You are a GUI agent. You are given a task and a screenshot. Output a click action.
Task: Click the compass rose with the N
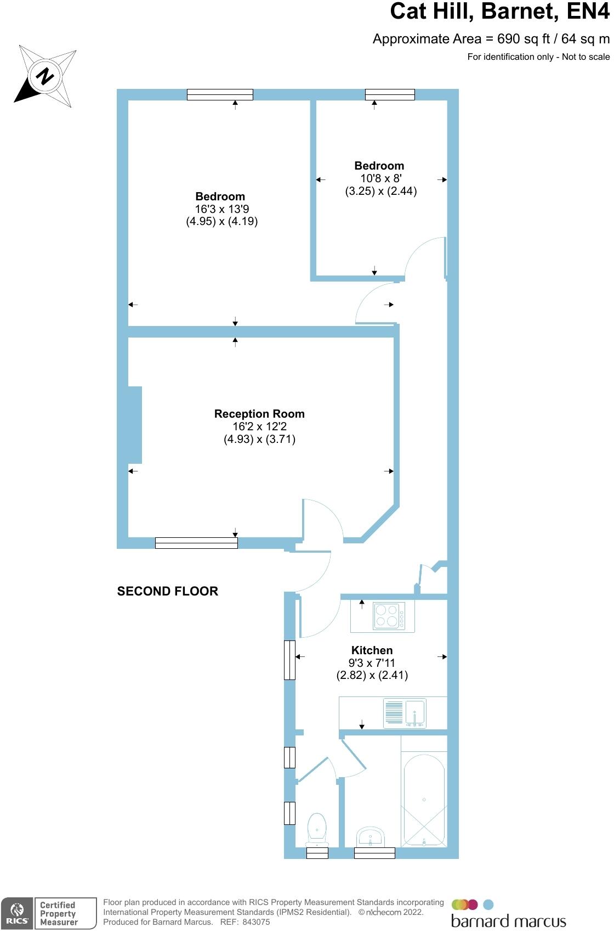pos(46,76)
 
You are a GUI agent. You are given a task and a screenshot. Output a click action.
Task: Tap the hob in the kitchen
pos(389,616)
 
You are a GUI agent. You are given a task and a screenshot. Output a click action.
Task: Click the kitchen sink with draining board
pos(405,713)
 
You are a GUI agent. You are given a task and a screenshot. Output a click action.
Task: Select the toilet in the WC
pos(317,829)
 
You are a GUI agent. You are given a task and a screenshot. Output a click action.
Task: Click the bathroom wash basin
pos(371,838)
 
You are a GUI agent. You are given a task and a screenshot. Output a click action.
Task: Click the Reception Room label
pos(259,414)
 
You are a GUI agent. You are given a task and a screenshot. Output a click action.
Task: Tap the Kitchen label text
pos(372,650)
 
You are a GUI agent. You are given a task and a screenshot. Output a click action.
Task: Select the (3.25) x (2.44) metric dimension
pos(380,192)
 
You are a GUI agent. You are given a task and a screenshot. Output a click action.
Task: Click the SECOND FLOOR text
pos(168,591)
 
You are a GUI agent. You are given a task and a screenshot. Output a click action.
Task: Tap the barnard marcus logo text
pos(508,921)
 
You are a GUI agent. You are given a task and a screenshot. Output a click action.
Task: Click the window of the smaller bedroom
pos(390,94)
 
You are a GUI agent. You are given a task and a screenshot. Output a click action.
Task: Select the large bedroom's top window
pos(220,94)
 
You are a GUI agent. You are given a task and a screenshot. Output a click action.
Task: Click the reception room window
pos(196,543)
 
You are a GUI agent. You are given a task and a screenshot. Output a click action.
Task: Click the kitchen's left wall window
pos(289,660)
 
